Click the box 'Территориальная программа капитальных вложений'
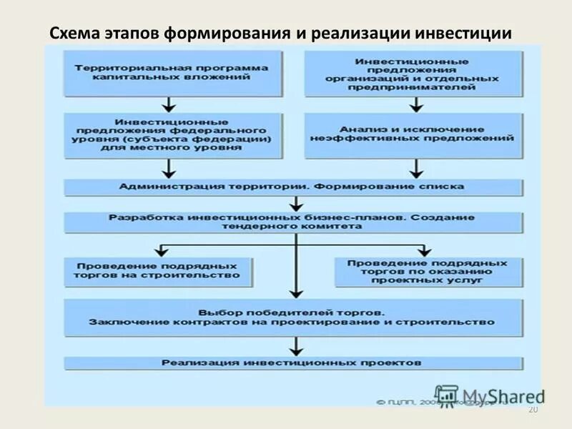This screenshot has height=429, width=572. (x=170, y=72)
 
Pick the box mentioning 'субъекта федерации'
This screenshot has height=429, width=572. (x=170, y=134)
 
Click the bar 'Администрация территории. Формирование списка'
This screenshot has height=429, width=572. (x=293, y=187)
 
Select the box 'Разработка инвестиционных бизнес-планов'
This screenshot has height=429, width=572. (x=293, y=221)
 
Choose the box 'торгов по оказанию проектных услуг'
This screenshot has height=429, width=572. (x=426, y=271)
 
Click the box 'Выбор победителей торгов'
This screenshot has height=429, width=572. (x=293, y=317)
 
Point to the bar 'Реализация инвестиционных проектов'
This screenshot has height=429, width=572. (x=293, y=363)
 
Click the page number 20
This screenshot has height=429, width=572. (x=531, y=409)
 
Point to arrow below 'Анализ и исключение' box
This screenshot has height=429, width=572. (x=415, y=167)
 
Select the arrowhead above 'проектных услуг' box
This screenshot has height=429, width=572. (x=425, y=251)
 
